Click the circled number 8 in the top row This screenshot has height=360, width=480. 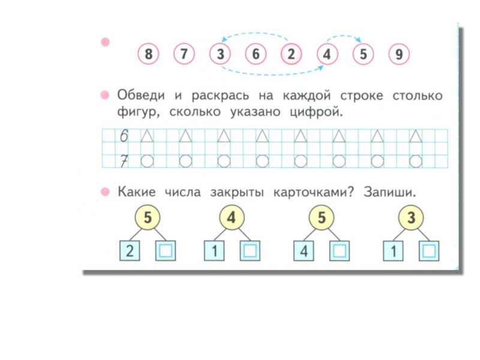[148, 55]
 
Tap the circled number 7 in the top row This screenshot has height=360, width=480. [184, 55]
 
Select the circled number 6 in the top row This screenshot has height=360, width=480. [256, 55]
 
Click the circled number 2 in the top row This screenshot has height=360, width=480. [292, 55]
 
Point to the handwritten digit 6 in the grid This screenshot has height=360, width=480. [124, 137]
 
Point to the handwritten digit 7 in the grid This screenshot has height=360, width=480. [124, 160]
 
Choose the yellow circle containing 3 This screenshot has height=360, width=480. [411, 218]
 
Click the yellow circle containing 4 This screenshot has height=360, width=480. [232, 218]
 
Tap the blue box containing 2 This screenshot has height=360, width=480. [130, 250]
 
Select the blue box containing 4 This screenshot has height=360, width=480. [304, 250]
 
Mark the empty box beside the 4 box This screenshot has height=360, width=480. [340, 250]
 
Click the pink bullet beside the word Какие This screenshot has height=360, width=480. [105, 192]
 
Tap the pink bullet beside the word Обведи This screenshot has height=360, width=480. [105, 95]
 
